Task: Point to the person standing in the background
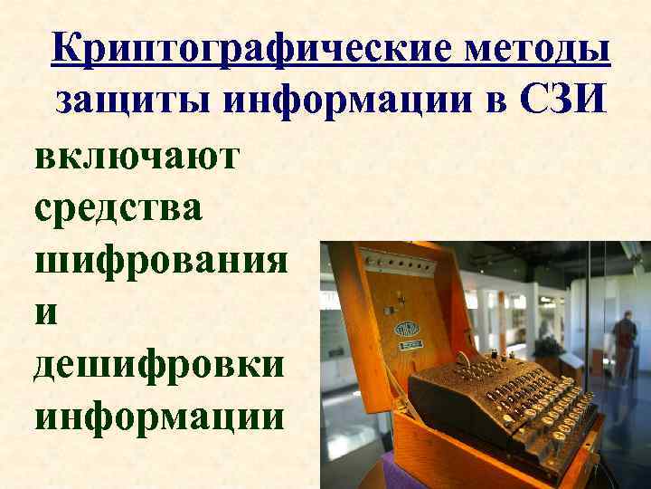623,340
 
